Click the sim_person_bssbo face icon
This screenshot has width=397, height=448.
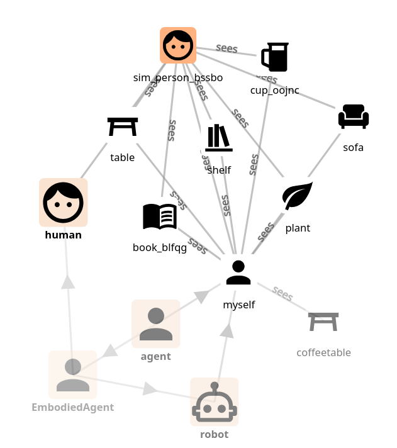[178, 45]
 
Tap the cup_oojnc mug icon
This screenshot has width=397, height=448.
[275, 57]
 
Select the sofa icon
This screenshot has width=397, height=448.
[354, 117]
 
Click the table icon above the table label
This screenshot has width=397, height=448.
[123, 126]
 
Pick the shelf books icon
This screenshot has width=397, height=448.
[219, 138]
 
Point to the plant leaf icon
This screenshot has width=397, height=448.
[298, 196]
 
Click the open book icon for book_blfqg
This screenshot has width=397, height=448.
[160, 216]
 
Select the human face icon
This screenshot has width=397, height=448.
[64, 203]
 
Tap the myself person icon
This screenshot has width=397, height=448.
[238, 272]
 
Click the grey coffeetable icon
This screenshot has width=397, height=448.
[323, 322]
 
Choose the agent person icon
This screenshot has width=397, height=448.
[156, 323]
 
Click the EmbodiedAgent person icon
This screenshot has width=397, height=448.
[73, 375]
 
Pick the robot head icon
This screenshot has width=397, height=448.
[215, 402]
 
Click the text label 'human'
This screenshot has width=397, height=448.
[64, 235]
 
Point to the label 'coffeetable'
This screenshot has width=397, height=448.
[323, 352]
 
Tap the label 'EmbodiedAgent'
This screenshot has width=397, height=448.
[73, 407]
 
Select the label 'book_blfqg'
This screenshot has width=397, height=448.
[160, 247]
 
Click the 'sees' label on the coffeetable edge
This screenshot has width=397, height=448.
[283, 294]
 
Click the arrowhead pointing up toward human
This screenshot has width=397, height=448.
[68, 281]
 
